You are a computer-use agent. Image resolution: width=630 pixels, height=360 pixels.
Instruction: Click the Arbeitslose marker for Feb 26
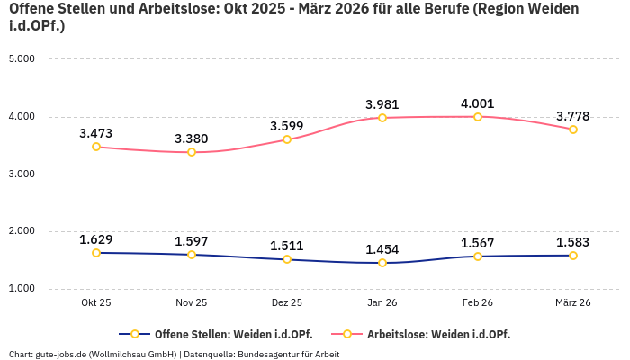pos(478,117)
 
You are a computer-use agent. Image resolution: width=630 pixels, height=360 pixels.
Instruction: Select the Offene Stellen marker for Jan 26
pos(382,263)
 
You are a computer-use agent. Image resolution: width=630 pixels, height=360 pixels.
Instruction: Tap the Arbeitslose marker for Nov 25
pos(192,152)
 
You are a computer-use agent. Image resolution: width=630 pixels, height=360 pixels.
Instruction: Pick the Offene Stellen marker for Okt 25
pos(96,253)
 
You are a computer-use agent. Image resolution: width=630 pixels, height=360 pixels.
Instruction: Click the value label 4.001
pos(477,103)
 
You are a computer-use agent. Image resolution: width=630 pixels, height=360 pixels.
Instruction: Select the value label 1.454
pos(382,249)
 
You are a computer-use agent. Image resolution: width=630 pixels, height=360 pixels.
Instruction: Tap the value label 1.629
pos(95,239)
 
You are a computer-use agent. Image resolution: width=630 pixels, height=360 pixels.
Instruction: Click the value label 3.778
pos(572,116)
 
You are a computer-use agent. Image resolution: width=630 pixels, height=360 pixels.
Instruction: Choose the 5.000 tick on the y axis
pos(21,58)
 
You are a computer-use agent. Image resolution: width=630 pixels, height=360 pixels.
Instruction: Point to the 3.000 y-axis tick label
pos(21,174)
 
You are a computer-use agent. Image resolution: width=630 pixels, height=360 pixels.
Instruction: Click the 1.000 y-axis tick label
pos(21,288)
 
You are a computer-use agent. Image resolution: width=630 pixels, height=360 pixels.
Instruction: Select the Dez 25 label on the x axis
pos(286,302)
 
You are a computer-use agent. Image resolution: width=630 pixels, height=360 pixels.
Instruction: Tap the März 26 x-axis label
pos(572,302)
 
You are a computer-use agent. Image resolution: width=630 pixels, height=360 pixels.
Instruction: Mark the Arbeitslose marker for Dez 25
pos(287,139)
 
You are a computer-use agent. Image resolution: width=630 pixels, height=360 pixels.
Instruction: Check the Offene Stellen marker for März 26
pos(573,256)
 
